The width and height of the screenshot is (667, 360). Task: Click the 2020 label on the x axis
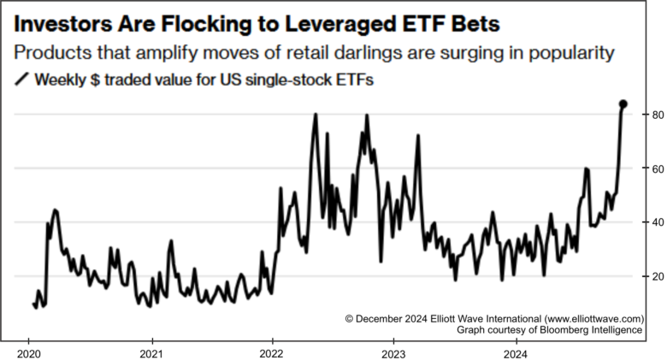(x=28, y=352)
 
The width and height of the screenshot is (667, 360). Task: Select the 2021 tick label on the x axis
(x=151, y=352)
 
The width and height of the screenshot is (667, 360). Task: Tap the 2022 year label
(x=272, y=352)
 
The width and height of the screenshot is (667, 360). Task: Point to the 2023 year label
(x=393, y=352)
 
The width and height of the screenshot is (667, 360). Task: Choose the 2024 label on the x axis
(x=515, y=352)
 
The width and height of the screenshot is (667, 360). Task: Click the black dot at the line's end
(x=623, y=104)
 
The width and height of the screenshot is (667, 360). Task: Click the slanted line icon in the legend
(x=21, y=81)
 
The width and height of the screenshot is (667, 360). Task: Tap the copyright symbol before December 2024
(x=350, y=317)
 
